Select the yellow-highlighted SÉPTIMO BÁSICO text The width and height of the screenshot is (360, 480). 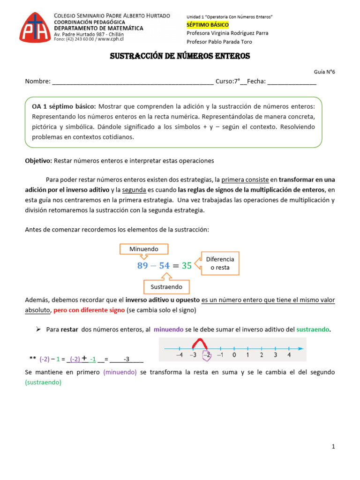click(x=208, y=24)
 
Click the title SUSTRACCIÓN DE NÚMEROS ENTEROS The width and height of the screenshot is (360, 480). click(x=180, y=56)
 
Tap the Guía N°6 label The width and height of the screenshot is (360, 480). click(x=324, y=72)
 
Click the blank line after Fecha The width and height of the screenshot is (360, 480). click(x=292, y=82)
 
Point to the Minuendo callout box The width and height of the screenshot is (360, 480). click(x=143, y=249)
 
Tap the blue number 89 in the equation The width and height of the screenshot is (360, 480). click(x=142, y=266)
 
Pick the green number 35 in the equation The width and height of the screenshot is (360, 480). click(x=187, y=266)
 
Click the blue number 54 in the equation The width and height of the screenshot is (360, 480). click(x=164, y=266)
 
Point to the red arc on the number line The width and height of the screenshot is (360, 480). click(x=200, y=345)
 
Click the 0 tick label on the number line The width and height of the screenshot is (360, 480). click(x=234, y=355)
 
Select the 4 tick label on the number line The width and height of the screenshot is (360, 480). click(x=289, y=355)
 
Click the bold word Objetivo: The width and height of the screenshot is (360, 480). click(x=39, y=161)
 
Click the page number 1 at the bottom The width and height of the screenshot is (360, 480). click(x=333, y=447)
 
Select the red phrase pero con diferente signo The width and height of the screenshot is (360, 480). click(x=89, y=310)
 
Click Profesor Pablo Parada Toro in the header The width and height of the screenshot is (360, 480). click(x=219, y=42)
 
